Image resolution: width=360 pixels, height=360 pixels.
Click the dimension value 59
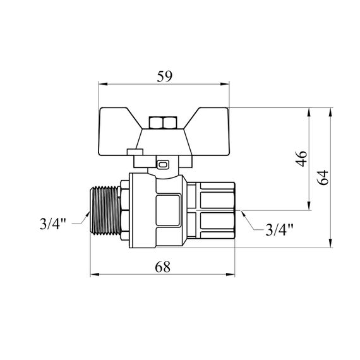164,76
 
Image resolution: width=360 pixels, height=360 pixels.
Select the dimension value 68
162,267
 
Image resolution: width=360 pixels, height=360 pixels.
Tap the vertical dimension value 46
301,159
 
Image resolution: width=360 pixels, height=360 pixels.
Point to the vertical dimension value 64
323,177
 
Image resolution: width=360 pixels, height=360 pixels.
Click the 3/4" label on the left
53,224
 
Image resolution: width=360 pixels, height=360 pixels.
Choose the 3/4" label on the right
279,230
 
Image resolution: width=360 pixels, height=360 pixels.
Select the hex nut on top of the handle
163,123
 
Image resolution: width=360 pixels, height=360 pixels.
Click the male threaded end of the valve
105,211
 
